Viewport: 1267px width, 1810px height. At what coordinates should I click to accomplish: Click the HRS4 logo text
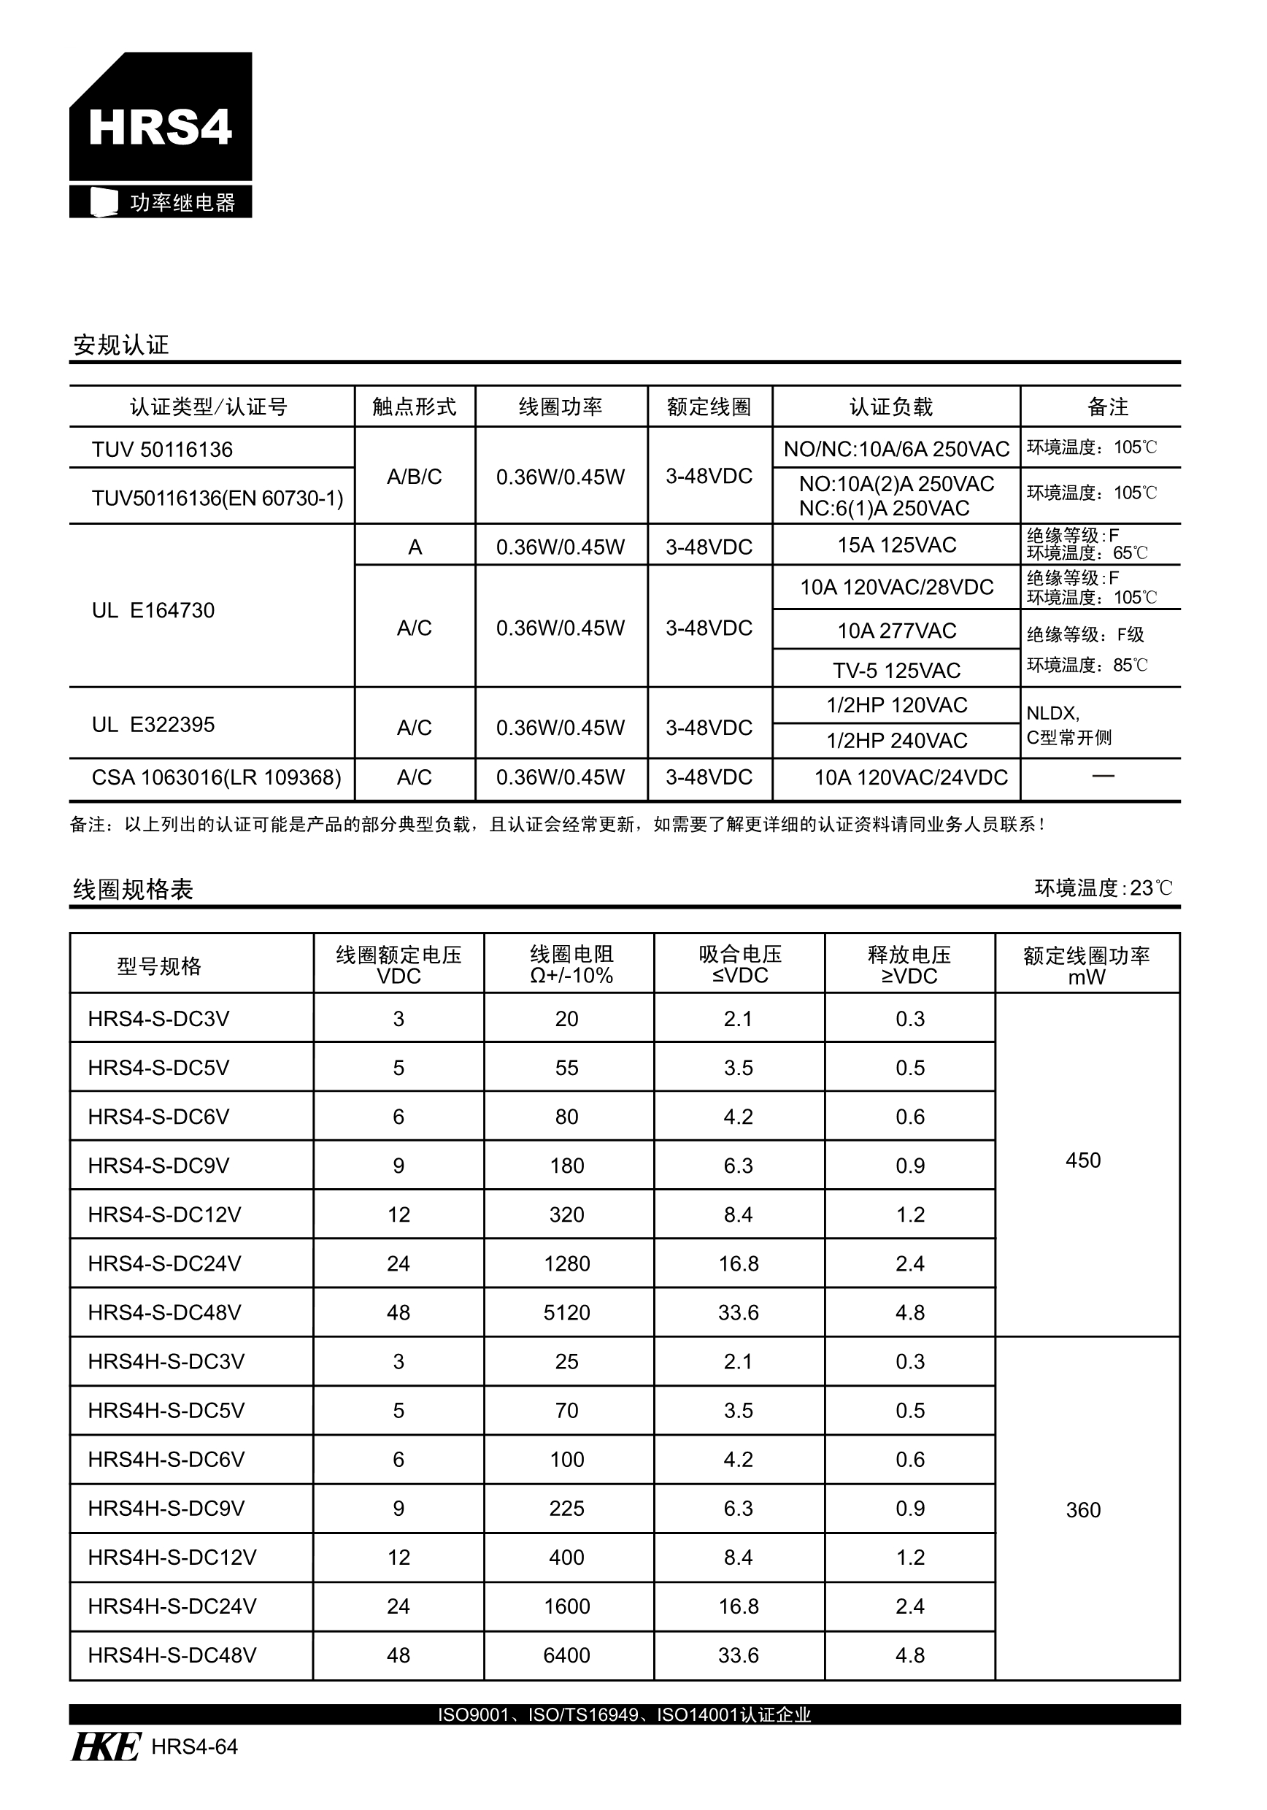coord(160,127)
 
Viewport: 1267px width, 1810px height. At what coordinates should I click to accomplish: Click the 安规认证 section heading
coord(120,344)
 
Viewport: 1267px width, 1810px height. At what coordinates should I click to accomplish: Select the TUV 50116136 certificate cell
coord(163,450)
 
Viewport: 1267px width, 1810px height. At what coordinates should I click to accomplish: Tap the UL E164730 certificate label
coord(153,610)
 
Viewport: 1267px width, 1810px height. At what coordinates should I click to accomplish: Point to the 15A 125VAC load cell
coord(896,544)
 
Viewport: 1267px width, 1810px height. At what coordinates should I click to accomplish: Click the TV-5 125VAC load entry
coord(896,670)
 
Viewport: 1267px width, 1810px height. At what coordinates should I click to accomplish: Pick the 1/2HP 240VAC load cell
coord(896,740)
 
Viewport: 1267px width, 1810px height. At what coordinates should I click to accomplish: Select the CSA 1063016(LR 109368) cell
coord(216,777)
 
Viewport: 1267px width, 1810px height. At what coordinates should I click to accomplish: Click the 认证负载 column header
coord(891,407)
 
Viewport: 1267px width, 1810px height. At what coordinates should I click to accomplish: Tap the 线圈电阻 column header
coord(571,964)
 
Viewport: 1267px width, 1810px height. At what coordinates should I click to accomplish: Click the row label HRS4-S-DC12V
coord(164,1214)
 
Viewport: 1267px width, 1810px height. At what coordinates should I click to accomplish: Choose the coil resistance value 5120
coord(567,1312)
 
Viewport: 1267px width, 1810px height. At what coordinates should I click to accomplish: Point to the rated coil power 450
coord(1082,1160)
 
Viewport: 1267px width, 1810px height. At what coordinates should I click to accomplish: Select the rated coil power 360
coord(1082,1509)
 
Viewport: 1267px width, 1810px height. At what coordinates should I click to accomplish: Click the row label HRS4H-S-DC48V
coord(172,1655)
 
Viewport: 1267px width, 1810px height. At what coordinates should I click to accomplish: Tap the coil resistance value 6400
coord(567,1655)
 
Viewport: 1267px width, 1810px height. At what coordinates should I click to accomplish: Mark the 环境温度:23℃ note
coord(1103,887)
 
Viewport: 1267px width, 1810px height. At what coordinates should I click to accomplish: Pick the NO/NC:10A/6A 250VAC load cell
coord(896,449)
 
